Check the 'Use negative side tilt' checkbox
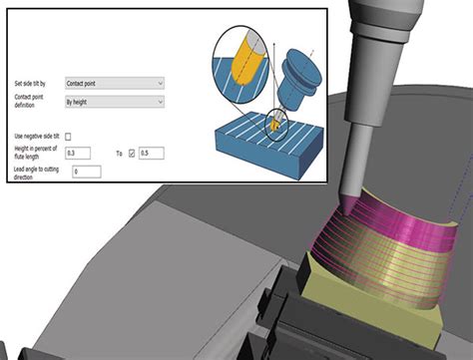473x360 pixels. click(69, 136)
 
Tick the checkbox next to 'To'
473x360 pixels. click(131, 154)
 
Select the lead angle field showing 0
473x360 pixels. click(86, 172)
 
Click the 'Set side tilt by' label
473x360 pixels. click(31, 83)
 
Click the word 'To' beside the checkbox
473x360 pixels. click(118, 154)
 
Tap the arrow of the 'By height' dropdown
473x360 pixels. click(161, 101)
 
